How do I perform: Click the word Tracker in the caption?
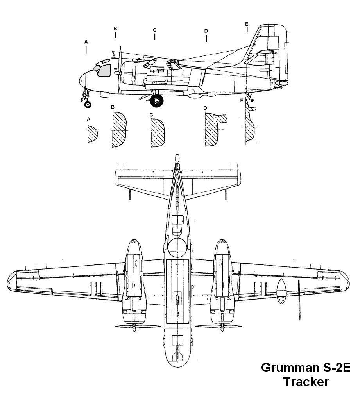tap(306, 381)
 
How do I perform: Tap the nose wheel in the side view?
tap(88, 104)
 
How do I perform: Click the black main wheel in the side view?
tap(157, 101)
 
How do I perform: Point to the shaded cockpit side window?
tap(104, 70)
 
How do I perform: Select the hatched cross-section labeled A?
tap(92, 134)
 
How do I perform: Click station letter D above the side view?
tap(206, 31)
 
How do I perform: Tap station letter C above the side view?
tap(155, 30)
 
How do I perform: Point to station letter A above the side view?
tap(86, 41)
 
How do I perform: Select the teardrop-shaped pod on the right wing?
tap(281, 291)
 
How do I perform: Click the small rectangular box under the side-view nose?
tap(104, 94)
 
